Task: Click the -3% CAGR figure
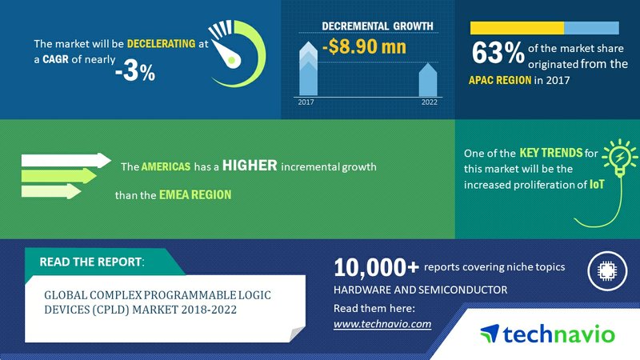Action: (x=135, y=72)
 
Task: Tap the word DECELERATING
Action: (x=162, y=44)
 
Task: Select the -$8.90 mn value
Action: (x=364, y=46)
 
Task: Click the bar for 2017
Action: (x=308, y=69)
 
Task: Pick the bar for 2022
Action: (x=428, y=79)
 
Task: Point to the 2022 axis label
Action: (x=430, y=102)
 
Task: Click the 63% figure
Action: (x=498, y=53)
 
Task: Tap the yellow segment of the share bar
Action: (x=517, y=28)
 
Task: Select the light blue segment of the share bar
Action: (x=591, y=28)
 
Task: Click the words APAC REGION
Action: (x=500, y=80)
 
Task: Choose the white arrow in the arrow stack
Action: (x=66, y=161)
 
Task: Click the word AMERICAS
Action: (x=166, y=166)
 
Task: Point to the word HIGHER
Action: (x=250, y=166)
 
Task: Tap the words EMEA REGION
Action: (x=195, y=194)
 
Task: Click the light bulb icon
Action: (x=619, y=158)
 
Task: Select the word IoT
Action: (x=597, y=185)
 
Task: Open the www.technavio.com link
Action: (x=382, y=324)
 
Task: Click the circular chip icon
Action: (x=607, y=270)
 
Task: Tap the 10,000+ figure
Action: (x=376, y=268)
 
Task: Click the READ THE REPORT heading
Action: (x=91, y=262)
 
